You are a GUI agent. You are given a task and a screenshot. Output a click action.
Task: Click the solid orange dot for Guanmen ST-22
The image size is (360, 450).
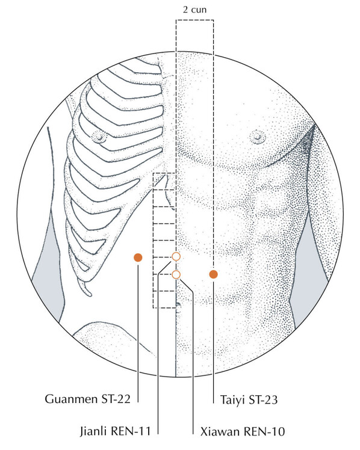(138, 257)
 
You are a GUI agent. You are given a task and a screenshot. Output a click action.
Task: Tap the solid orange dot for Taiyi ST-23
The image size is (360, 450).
(213, 274)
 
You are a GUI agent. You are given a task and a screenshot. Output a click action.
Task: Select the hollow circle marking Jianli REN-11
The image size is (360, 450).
(176, 256)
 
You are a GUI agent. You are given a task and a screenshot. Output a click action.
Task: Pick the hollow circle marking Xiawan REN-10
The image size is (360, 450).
(176, 275)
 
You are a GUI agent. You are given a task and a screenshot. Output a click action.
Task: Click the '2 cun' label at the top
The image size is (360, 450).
(194, 10)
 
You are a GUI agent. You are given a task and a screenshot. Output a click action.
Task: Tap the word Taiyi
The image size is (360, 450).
(232, 399)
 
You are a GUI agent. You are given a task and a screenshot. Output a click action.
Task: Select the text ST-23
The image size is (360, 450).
(263, 399)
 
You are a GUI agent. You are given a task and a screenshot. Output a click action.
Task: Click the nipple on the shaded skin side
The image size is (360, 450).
(257, 137)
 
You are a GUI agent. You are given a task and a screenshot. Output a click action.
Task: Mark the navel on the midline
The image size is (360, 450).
(178, 304)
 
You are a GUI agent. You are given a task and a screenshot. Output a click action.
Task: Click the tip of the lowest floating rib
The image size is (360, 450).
(89, 294)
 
